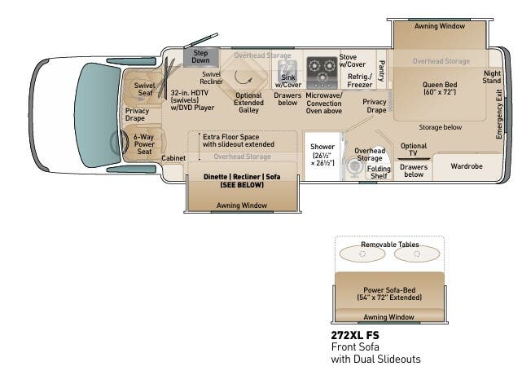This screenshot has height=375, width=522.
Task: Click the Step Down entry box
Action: pos(200,57)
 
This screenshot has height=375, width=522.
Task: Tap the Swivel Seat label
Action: pos(144,88)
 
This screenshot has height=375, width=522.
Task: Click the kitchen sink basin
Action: pos(286,70)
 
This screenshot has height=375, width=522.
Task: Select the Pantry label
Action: pos(381,71)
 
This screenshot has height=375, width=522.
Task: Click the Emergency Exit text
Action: pos(499,113)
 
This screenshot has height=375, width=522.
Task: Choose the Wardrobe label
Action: pos(467,166)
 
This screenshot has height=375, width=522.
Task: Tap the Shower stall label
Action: pos(322,153)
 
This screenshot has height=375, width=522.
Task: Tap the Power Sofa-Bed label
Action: pos(389,293)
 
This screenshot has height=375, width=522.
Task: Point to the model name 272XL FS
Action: pos(354,335)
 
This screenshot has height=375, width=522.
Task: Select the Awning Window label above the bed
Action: pos(440,26)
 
